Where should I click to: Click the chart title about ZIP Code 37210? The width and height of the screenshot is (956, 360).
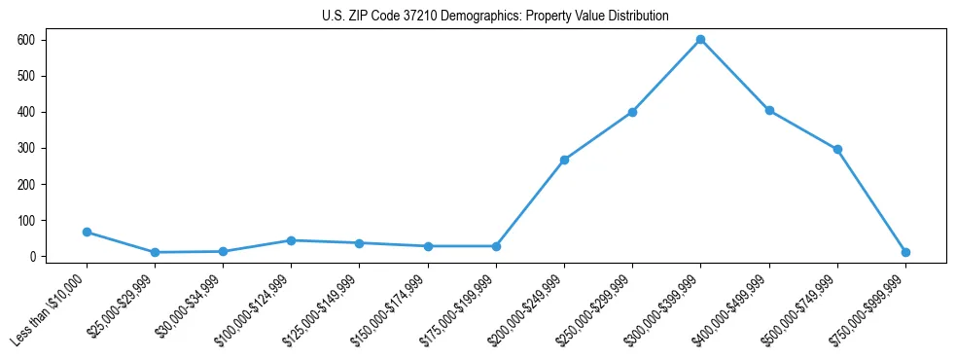tap(495, 17)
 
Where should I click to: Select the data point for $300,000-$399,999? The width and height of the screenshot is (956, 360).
tap(700, 40)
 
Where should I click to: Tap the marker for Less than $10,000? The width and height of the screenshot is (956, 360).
tap(87, 232)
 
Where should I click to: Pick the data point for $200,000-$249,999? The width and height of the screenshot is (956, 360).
tap(564, 160)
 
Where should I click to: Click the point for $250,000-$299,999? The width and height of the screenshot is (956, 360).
tap(632, 112)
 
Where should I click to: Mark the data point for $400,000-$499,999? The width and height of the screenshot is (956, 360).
tap(769, 110)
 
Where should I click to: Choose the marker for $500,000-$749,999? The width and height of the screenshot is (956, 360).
tap(837, 149)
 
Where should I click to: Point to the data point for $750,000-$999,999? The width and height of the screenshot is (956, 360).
tap(905, 252)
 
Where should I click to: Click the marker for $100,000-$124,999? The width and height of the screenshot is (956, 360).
tap(291, 240)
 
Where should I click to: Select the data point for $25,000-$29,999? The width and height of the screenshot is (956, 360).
tap(155, 252)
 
